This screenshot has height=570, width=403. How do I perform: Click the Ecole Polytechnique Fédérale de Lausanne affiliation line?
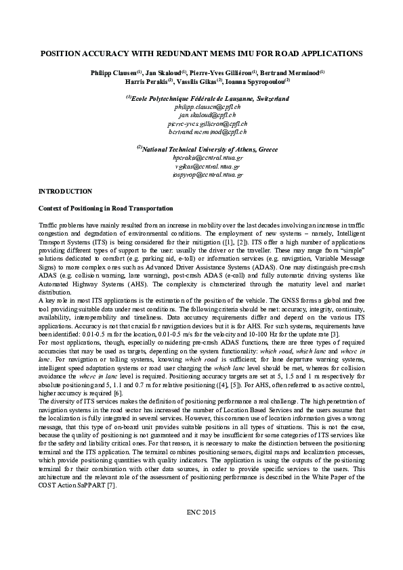pos(207,98)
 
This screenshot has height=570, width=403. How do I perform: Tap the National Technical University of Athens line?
pos(207,148)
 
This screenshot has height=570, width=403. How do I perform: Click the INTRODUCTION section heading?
pos(65,192)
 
